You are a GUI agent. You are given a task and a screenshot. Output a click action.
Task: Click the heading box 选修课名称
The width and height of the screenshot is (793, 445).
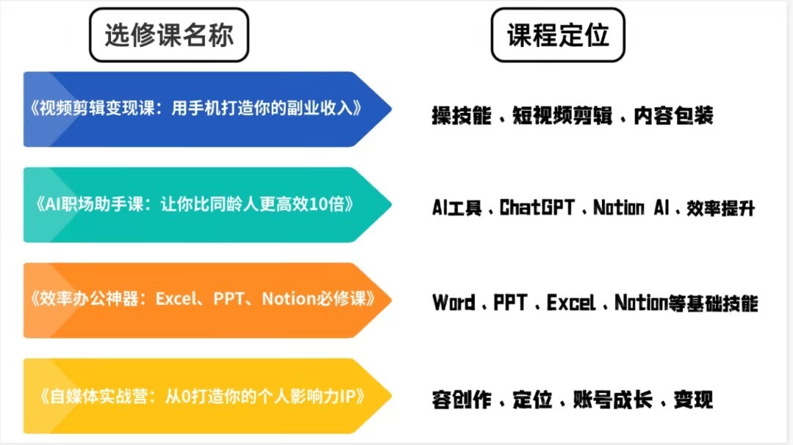point(169,35)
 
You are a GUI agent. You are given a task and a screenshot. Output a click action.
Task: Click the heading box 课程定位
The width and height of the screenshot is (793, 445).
point(558,35)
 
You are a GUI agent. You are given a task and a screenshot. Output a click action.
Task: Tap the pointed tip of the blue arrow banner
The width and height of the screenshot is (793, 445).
point(391,109)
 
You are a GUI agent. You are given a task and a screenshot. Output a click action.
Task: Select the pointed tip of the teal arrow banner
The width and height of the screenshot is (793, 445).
point(391,205)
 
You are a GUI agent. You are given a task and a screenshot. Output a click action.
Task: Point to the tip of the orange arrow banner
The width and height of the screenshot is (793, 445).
point(391,300)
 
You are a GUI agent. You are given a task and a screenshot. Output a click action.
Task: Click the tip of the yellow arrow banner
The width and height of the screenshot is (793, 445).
point(391,395)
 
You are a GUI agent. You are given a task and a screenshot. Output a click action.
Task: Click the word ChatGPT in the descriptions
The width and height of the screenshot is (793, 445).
point(537,207)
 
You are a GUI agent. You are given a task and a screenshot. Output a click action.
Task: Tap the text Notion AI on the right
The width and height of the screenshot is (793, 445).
point(631,207)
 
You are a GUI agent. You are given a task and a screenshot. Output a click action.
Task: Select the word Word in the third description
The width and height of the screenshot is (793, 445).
point(454,303)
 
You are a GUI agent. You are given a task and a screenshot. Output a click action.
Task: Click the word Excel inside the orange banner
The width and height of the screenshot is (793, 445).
point(175,298)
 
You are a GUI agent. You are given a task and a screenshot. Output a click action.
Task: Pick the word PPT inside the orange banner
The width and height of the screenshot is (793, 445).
point(228,298)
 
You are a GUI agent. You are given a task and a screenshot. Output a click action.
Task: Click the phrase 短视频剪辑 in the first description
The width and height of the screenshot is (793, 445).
point(562,116)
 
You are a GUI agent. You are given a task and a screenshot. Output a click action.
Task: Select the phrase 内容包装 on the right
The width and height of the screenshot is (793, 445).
point(673,116)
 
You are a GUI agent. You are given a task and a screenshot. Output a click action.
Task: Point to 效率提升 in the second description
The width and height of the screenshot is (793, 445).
point(721,208)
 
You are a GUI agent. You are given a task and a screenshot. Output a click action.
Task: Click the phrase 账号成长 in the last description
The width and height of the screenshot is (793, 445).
point(612,400)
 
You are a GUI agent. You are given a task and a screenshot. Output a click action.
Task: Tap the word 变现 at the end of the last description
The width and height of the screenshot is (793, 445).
point(693,400)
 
